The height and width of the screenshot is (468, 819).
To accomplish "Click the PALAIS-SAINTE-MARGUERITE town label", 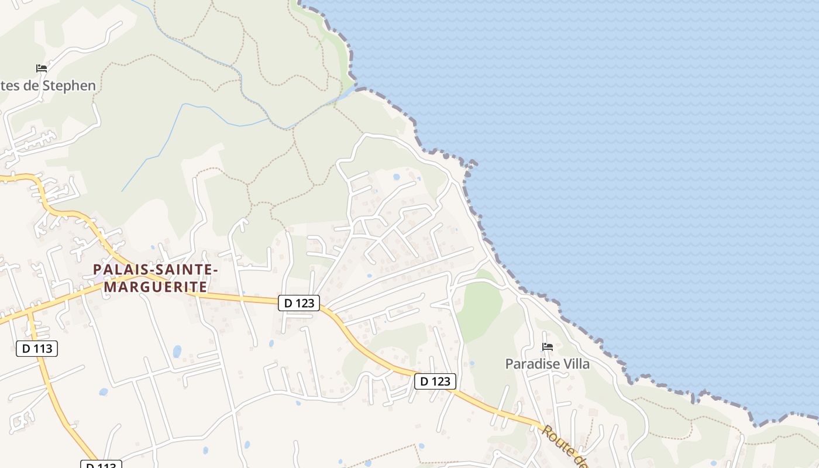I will click(156, 278).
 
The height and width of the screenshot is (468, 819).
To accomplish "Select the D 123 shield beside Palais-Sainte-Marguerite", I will click(299, 303).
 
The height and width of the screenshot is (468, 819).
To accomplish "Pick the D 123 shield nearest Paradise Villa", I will click(435, 381).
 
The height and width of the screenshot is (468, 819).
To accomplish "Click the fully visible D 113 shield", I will click(37, 349).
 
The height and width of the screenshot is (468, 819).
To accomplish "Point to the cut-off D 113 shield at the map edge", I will click(101, 464).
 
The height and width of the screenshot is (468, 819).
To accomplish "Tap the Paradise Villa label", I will click(548, 364).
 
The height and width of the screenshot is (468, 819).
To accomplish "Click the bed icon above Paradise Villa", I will click(548, 347).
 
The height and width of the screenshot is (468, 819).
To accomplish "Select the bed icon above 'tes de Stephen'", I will click(41, 68).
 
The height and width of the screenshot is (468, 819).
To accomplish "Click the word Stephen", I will click(68, 85).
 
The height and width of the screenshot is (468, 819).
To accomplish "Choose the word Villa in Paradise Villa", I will click(575, 364).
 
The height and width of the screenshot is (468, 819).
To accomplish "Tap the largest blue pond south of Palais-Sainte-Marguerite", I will click(177, 351).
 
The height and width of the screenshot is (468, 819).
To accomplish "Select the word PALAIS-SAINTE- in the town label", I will click(156, 270).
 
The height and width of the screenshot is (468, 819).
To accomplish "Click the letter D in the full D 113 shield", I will click(26, 349).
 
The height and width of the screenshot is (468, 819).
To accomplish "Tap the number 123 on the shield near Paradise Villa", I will click(442, 381).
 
